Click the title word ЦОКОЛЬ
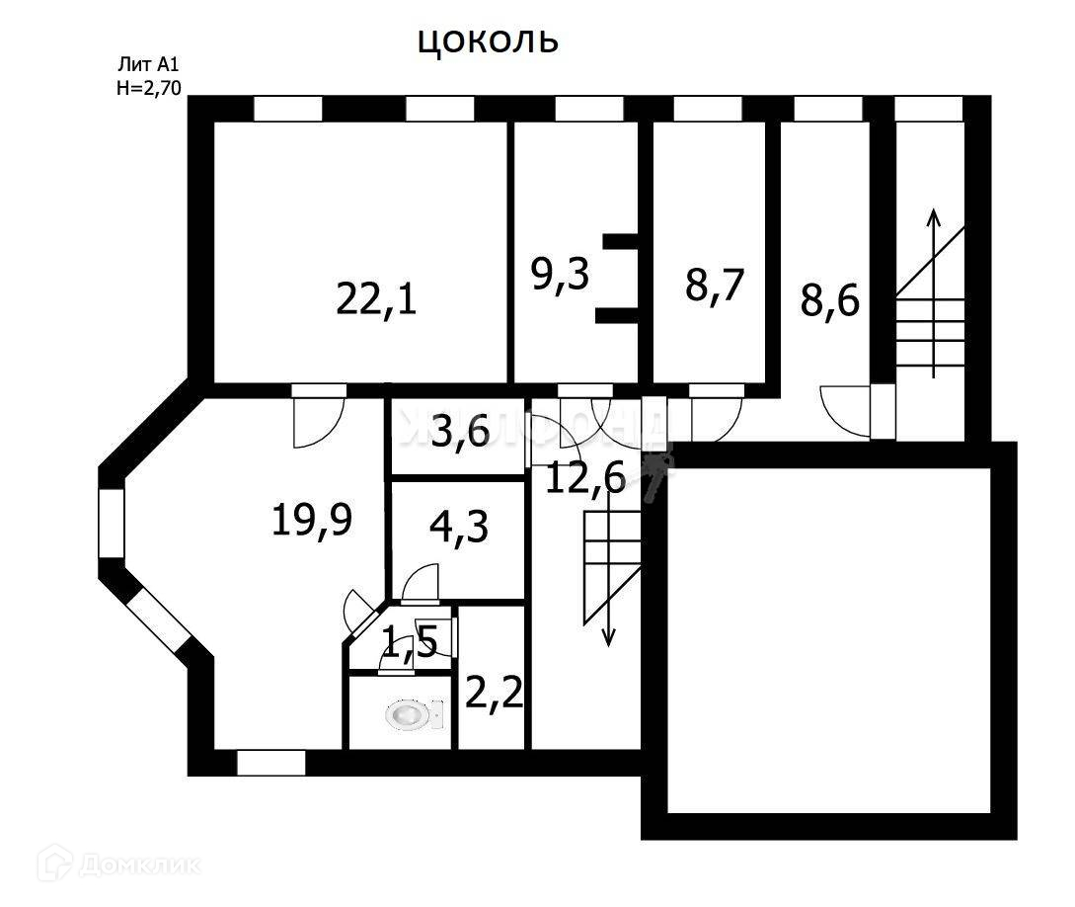(489, 41)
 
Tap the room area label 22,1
(376, 297)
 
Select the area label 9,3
(560, 275)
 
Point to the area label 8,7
(713, 285)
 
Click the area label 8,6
(829, 298)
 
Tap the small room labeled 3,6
(461, 432)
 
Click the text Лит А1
(148, 65)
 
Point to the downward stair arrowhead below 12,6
(608, 636)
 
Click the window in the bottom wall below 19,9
(270, 763)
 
